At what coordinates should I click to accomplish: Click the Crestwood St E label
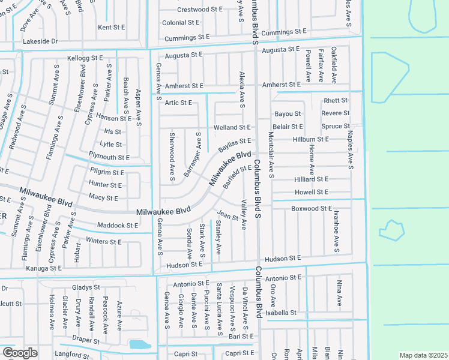pos(200,10)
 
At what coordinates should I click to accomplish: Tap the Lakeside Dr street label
pos(40,41)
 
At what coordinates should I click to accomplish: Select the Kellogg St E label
pos(85,58)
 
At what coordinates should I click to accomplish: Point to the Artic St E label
pos(178,103)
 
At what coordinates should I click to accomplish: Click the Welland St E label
pos(232,127)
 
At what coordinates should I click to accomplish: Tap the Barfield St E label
pos(237,177)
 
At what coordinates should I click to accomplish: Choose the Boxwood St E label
pos(312,208)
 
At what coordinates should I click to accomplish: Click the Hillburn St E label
pos(311,139)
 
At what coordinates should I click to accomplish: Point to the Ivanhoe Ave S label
pos(337,232)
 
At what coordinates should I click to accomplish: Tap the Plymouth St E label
pos(109,157)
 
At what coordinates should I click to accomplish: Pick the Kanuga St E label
pos(44,268)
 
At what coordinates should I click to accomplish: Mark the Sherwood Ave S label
pos(172,157)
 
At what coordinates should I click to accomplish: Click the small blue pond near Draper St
pos(139,344)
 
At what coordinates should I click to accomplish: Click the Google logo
pos(20,353)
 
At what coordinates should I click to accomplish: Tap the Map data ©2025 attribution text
pos(423,355)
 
